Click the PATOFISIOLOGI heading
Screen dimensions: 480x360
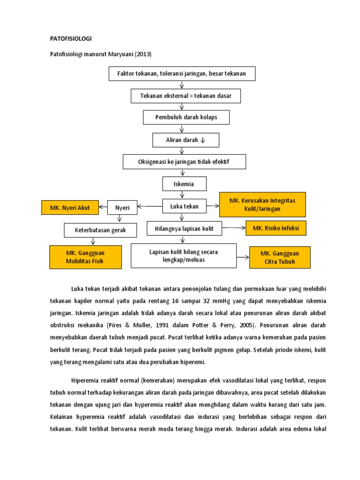[71, 38]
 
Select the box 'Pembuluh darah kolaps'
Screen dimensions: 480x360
[186, 117]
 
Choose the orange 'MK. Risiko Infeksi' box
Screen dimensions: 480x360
[276, 228]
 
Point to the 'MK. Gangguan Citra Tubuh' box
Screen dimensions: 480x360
[279, 257]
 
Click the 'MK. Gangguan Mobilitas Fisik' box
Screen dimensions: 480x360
[84, 257]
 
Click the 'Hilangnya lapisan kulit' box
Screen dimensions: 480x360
[184, 229]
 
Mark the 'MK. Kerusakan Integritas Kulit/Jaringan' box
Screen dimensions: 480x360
[262, 204]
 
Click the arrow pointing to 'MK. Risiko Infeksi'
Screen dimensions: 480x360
[234, 228]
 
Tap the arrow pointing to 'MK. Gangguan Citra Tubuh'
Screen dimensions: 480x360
[243, 257]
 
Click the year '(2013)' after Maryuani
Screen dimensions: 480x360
[143, 54]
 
